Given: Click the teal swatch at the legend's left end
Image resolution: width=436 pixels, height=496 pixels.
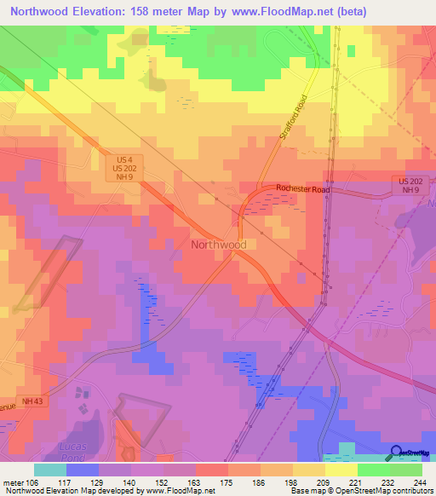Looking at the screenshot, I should point(49,470).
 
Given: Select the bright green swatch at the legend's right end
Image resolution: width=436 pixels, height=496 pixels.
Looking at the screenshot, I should point(405,470).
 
